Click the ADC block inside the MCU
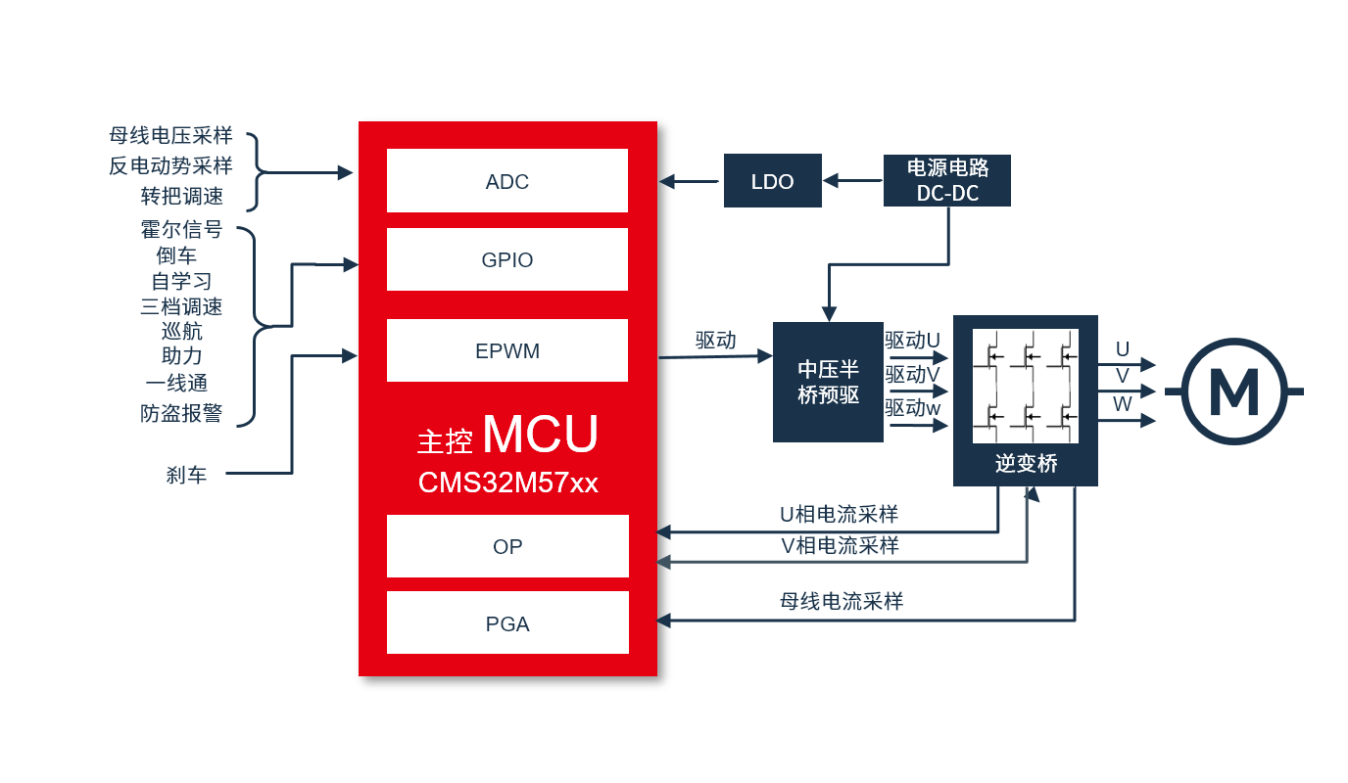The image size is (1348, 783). pyautogui.click(x=506, y=181)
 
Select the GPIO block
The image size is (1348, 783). pyautogui.click(x=506, y=260)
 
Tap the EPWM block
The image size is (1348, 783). pyautogui.click(x=506, y=350)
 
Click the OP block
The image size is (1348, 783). pyautogui.click(x=506, y=546)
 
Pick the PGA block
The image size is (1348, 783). pyautogui.click(x=506, y=623)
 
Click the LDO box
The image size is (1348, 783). pyautogui.click(x=772, y=181)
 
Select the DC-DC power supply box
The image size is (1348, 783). pyautogui.click(x=946, y=180)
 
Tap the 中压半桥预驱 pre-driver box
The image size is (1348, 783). pyautogui.click(x=827, y=382)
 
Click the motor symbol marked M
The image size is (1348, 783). pyautogui.click(x=1233, y=391)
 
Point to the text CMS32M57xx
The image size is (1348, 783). pyautogui.click(x=507, y=483)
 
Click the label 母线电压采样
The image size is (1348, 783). pyautogui.click(x=171, y=136)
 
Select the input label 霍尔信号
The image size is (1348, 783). pyautogui.click(x=181, y=230)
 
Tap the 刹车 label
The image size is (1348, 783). pyautogui.click(x=186, y=476)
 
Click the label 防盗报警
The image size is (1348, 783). pyautogui.click(x=181, y=413)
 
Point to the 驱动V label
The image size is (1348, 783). pyautogui.click(x=912, y=374)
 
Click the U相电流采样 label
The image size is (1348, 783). pyautogui.click(x=839, y=514)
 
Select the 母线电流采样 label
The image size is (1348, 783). pyautogui.click(x=841, y=601)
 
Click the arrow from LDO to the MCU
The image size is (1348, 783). pyautogui.click(x=690, y=181)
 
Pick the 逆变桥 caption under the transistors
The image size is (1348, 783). pyautogui.click(x=1026, y=464)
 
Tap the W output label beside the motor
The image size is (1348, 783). pyautogui.click(x=1123, y=403)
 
